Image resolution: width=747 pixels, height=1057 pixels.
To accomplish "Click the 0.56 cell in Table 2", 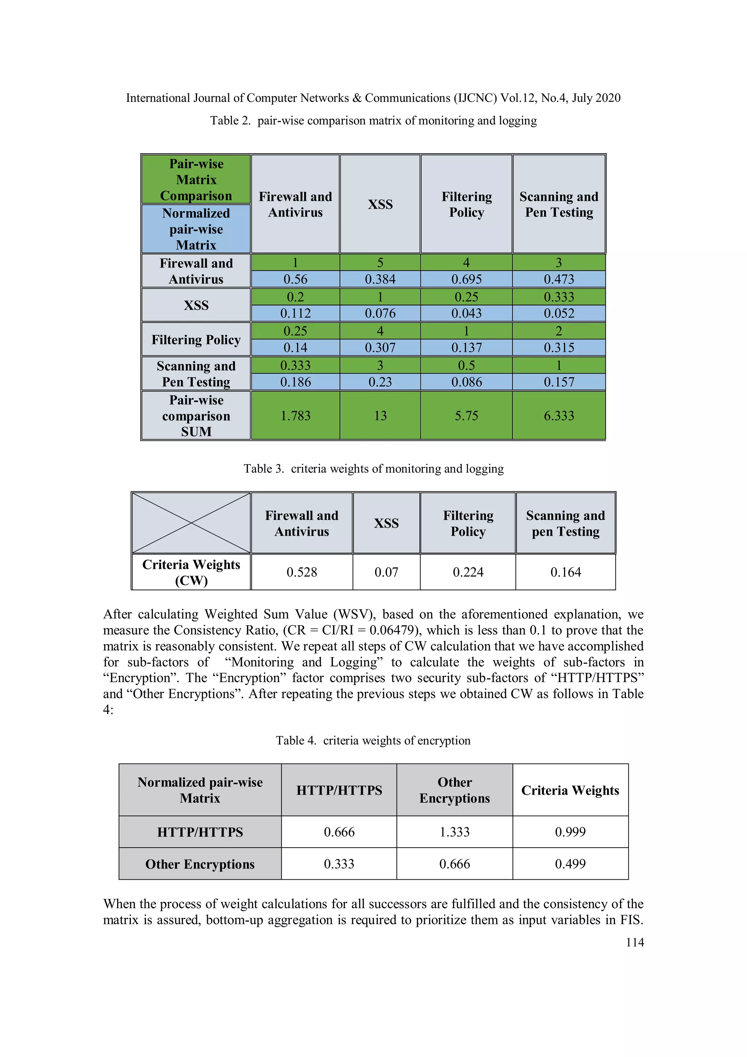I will [x=295, y=279].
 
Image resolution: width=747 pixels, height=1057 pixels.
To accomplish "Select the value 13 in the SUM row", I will [x=380, y=416].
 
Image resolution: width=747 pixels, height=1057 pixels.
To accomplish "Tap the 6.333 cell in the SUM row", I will [x=559, y=416].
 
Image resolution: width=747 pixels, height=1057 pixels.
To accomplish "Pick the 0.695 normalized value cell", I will [x=466, y=279].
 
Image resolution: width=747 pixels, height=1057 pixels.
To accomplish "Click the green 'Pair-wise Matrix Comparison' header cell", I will [x=196, y=180].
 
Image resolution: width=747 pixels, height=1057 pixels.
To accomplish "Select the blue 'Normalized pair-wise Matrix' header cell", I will [x=196, y=229].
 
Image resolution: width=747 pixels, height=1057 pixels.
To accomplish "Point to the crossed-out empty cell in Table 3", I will [x=191, y=523].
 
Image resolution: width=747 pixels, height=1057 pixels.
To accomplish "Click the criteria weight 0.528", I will [x=302, y=572].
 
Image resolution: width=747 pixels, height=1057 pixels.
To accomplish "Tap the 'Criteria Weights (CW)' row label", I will [x=191, y=572].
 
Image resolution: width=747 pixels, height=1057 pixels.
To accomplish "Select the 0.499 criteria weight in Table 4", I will [x=570, y=864].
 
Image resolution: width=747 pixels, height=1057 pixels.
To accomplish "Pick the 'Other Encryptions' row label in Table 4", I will [x=200, y=864].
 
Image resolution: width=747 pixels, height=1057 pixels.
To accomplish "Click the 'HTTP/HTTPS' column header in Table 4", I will [x=339, y=790].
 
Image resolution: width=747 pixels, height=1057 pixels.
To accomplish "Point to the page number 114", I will [x=635, y=942].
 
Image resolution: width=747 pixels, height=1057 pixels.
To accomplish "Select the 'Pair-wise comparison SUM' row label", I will [x=196, y=416].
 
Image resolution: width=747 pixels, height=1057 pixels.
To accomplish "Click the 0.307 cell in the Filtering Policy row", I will [x=380, y=348].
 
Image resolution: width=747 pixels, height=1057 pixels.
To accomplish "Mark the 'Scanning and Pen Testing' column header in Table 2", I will [x=559, y=204].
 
